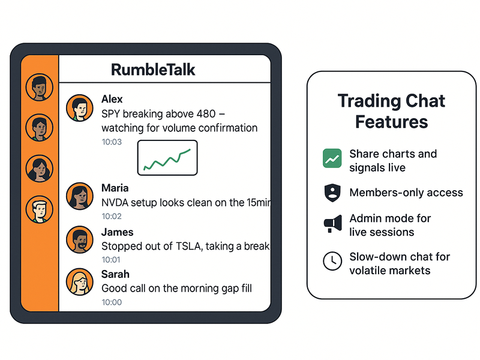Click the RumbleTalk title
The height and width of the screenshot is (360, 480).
tap(153, 70)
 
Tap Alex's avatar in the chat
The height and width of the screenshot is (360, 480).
tap(79, 108)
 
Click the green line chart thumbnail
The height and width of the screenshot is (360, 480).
tap(167, 158)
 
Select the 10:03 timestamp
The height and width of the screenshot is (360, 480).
tap(111, 142)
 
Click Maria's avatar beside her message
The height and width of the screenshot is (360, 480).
tap(79, 196)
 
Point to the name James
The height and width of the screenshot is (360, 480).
tap(117, 232)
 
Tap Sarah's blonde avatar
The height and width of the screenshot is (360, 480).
tap(79, 283)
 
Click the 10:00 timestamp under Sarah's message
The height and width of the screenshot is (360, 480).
tap(111, 302)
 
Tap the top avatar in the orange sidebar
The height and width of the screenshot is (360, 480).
tap(40, 88)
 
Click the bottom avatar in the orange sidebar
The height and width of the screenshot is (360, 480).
tap(40, 210)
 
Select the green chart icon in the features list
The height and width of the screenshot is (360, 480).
tap(331, 158)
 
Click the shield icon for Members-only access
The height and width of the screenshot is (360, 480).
tap(331, 193)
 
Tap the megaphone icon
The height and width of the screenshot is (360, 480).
tap(331, 225)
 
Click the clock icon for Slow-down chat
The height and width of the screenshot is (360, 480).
tap(331, 261)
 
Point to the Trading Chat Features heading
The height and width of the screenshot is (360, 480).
tap(391, 110)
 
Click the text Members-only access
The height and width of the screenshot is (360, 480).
tap(406, 193)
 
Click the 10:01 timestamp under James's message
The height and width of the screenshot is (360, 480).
tap(111, 259)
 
